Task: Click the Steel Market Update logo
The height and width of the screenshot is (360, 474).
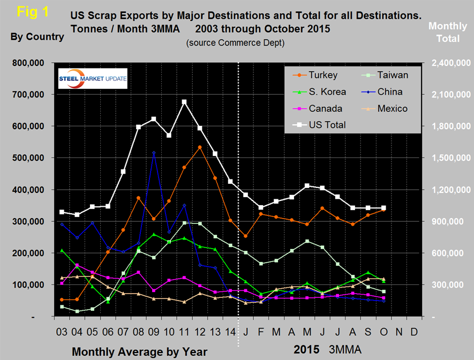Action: (92, 78)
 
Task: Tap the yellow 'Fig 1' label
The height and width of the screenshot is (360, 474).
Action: (31, 12)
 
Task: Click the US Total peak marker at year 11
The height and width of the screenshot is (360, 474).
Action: (184, 101)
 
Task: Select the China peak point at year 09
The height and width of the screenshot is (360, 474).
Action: (154, 153)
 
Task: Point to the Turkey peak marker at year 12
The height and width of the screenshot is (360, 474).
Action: (200, 147)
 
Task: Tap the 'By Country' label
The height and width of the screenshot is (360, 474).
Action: (37, 37)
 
